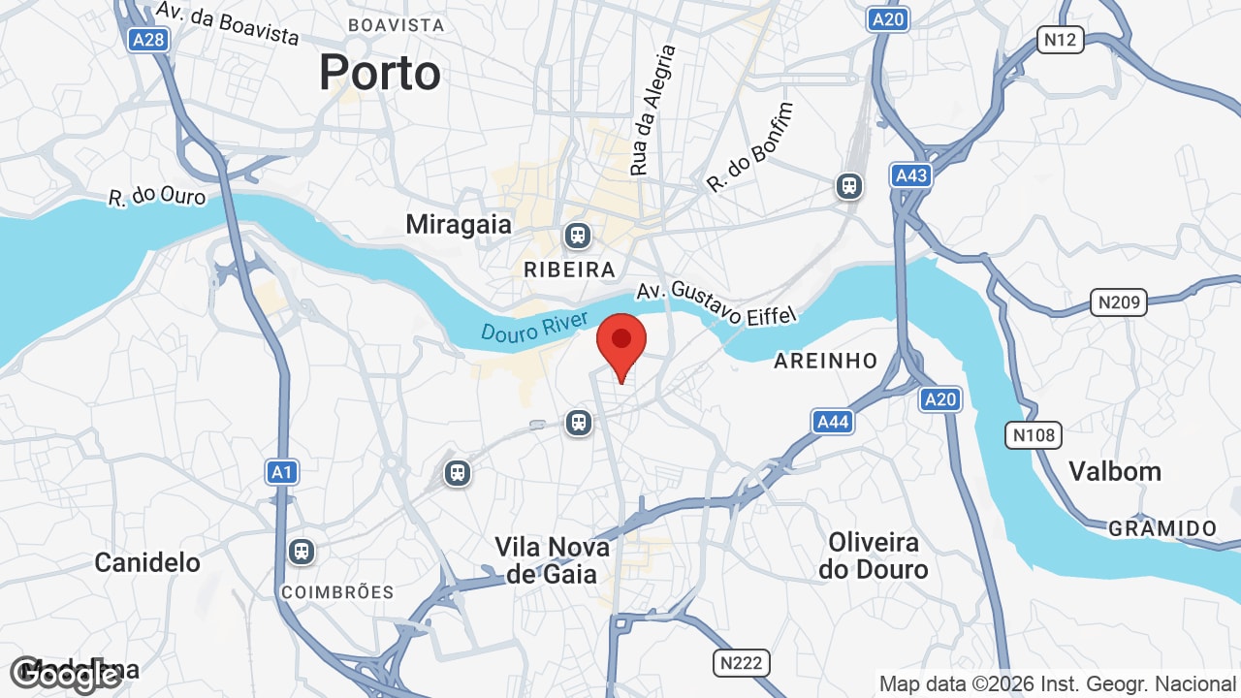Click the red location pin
click(x=621, y=345)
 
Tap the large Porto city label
click(x=380, y=73)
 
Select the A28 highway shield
click(x=148, y=39)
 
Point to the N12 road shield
click(x=1060, y=39)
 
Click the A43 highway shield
click(x=911, y=175)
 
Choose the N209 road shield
click(x=1118, y=302)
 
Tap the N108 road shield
click(x=1034, y=434)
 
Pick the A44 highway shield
click(x=833, y=421)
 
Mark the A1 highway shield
click(x=282, y=472)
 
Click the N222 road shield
click(x=742, y=663)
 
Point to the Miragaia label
click(x=459, y=224)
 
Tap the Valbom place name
click(x=1115, y=471)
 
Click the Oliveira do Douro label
click(x=873, y=555)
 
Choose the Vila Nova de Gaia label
click(x=553, y=560)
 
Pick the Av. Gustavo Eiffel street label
click(x=716, y=302)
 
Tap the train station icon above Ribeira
click(x=578, y=236)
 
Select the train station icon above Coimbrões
click(x=302, y=552)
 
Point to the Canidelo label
click(x=147, y=562)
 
